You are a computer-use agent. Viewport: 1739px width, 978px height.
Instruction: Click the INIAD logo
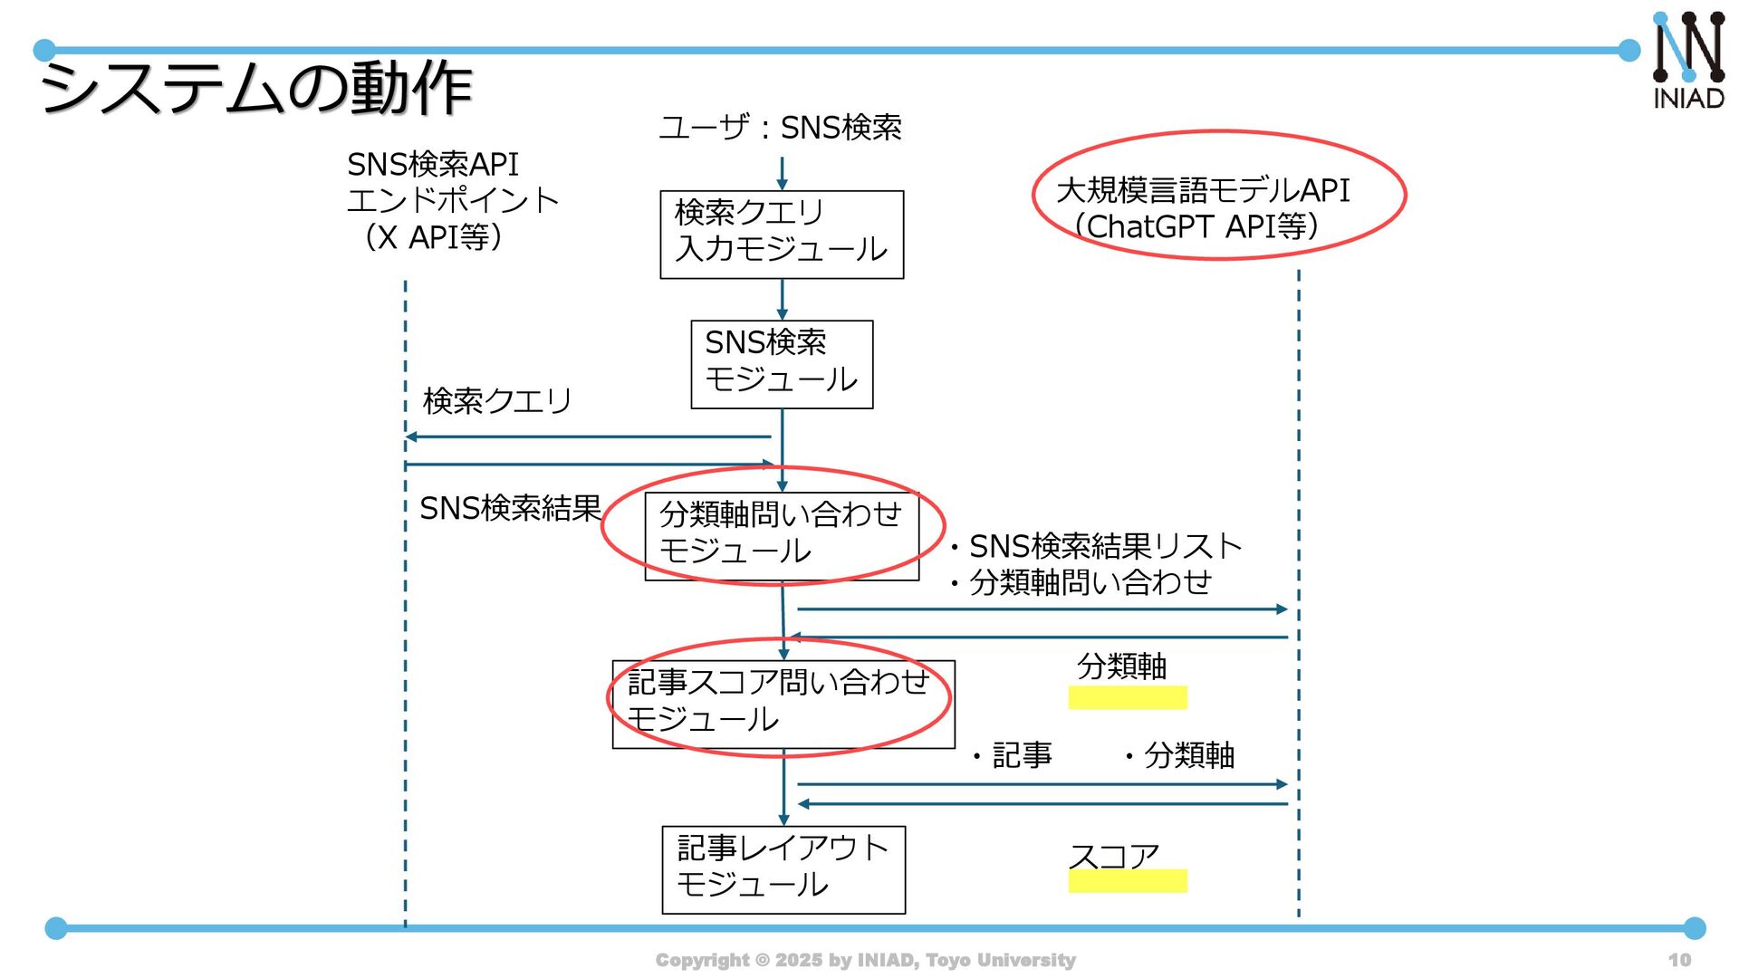pos(1688,61)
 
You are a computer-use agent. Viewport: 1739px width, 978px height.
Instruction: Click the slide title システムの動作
pos(256,88)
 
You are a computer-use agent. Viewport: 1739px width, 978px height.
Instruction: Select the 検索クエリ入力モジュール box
pos(782,235)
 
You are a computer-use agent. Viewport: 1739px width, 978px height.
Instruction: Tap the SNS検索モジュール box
pos(782,364)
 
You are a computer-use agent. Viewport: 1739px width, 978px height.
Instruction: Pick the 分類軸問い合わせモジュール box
pos(781,535)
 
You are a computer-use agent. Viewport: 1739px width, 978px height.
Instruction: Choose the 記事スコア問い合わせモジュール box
pos(783,704)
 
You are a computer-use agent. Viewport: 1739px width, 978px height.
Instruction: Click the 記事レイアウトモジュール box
pos(783,869)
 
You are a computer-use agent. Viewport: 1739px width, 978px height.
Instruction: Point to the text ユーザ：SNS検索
pos(780,128)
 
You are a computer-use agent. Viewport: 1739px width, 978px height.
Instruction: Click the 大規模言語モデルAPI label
pos(1203,191)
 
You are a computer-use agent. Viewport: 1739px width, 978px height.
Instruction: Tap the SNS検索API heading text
pos(433,165)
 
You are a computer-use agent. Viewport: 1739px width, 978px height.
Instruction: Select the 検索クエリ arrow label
pos(497,400)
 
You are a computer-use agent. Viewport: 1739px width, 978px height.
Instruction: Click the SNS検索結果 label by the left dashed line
pos(510,509)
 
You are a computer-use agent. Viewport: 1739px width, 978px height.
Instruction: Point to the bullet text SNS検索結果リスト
pos(1105,546)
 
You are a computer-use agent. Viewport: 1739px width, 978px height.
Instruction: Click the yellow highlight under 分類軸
pos(1127,697)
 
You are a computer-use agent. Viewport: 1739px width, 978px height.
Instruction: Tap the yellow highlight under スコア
pos(1127,881)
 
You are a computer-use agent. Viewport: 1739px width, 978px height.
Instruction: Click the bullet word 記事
pos(1022,755)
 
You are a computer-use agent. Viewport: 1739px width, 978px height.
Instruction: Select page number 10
pos(1679,960)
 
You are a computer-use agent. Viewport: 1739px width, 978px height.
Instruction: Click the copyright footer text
pos(865,960)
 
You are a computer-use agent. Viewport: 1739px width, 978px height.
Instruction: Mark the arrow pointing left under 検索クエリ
pos(589,436)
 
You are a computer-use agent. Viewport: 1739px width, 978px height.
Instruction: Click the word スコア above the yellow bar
pos(1114,855)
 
